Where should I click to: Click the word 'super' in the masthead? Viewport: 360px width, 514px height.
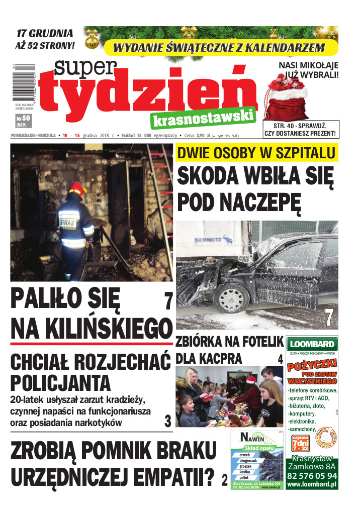pos(86,70)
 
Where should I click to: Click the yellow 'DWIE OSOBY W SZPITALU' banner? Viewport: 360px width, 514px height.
pos(256,153)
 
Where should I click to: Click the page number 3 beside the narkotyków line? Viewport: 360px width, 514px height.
pos(168,421)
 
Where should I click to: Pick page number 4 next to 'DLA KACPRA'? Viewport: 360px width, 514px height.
pos(280,359)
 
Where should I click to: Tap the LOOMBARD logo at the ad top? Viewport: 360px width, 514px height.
pos(311,345)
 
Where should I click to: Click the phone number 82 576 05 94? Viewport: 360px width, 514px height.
pos(312,475)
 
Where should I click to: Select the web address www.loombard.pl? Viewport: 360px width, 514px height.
pos(312,485)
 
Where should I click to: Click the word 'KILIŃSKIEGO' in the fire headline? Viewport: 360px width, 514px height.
pos(92,329)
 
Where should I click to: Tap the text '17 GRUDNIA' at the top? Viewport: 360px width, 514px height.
pos(45,34)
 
